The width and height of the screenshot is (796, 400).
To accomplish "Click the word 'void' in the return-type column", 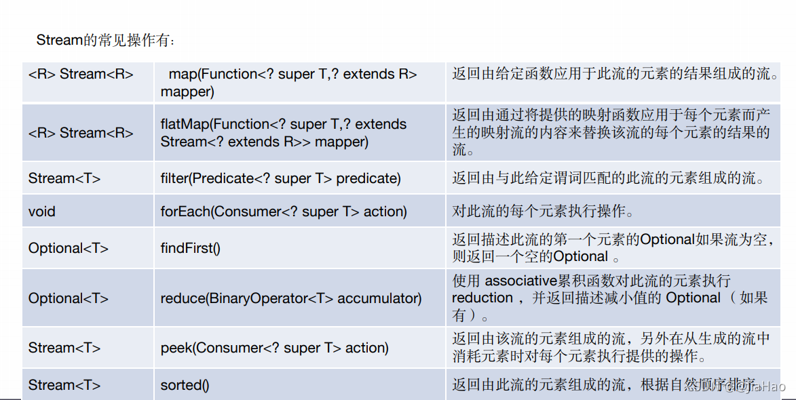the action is click(41, 212).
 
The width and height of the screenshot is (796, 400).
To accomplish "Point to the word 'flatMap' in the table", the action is click(185, 124).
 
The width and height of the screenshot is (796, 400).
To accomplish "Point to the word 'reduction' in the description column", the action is click(482, 298).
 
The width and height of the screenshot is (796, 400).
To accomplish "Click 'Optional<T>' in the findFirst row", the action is click(69, 248).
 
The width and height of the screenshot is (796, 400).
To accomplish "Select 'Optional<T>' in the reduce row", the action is click(69, 298).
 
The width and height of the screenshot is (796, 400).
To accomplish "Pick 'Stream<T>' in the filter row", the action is click(64, 178).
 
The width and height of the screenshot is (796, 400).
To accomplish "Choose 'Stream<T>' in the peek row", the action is click(64, 348).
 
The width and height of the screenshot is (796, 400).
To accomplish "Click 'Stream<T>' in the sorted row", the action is click(64, 385).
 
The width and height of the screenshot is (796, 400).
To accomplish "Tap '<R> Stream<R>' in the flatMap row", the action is click(81, 133).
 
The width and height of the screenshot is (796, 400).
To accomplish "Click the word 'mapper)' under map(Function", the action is click(187, 92).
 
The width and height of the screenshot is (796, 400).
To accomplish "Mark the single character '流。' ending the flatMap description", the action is click(463, 150).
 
